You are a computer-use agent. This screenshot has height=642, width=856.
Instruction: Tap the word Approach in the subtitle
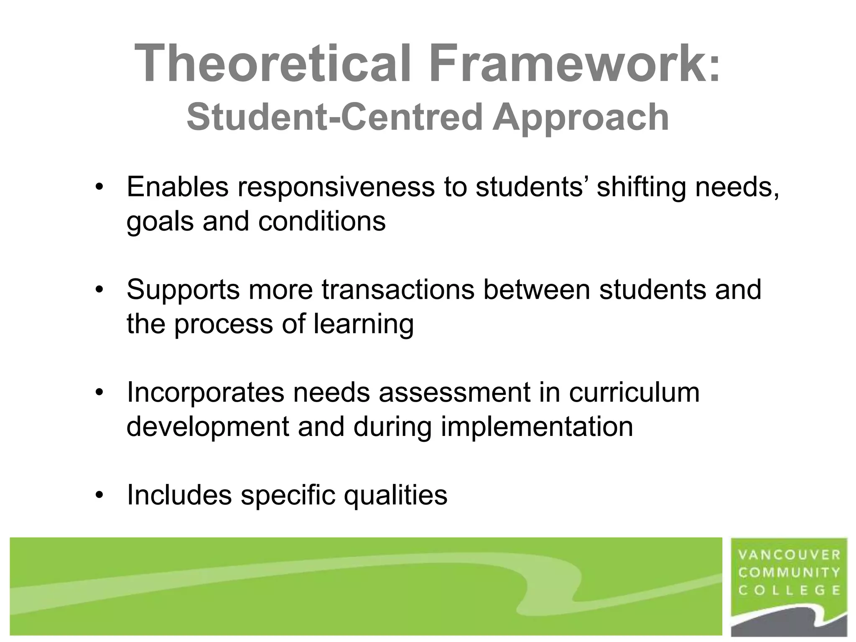click(x=581, y=118)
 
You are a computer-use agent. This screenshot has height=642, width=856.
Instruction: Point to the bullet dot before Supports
click(x=99, y=289)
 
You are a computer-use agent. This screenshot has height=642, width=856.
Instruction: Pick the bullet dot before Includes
click(x=99, y=495)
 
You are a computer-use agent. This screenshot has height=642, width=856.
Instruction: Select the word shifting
click(x=641, y=188)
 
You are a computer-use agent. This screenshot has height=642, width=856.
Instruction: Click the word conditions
click(x=322, y=221)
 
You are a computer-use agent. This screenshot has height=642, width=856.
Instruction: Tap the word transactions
click(x=398, y=289)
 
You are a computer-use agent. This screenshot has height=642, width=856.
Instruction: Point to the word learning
click(x=364, y=324)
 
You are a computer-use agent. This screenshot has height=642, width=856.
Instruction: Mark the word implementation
click(x=537, y=427)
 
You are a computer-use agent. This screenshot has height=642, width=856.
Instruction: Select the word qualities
click(x=395, y=496)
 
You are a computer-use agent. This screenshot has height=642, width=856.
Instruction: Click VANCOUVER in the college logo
click(x=789, y=555)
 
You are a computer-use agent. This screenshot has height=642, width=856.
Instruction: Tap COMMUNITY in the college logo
click(x=789, y=572)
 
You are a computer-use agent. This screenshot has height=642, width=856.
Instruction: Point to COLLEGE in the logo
click(x=789, y=590)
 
